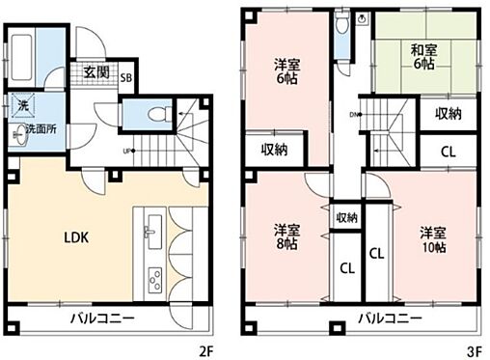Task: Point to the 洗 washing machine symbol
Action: point(20,105)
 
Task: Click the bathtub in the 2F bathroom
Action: point(21,56)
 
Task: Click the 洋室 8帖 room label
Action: point(284,236)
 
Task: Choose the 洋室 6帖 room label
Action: point(285,72)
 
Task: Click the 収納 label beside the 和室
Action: point(448,114)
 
